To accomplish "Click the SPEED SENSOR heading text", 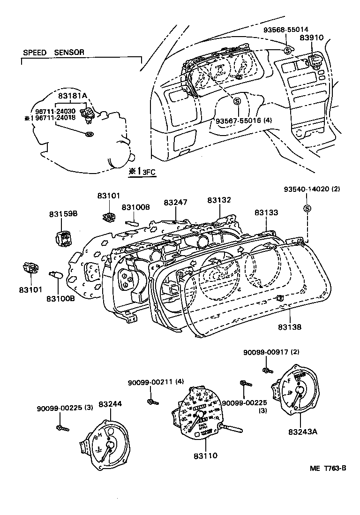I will pos(53,53).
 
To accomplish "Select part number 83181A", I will pos(73,96).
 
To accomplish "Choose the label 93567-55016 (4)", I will pos(244,121).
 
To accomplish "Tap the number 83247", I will pos(175,203).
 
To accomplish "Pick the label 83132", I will pos(219,200).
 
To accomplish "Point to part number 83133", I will pos(266,212).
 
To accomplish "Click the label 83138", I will pos(289,327).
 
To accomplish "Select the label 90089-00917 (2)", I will pos(271,352).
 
